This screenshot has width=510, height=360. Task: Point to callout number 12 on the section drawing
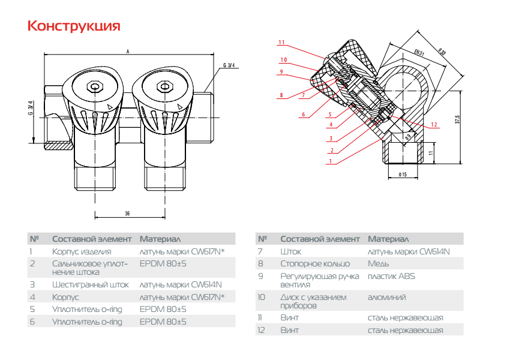pyautogui.click(x=425, y=124)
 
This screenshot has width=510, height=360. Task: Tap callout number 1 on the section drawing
pyautogui.click(x=330, y=161)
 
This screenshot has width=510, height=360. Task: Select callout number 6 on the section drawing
pyautogui.click(x=304, y=115)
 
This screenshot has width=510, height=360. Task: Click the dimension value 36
pyautogui.click(x=127, y=213)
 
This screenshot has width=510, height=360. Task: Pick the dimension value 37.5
pyautogui.click(x=457, y=119)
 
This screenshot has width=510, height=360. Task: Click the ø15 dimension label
pyautogui.click(x=403, y=175)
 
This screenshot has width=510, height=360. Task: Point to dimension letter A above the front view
pyautogui.click(x=127, y=52)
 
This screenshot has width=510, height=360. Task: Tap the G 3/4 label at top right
pyautogui.click(x=229, y=65)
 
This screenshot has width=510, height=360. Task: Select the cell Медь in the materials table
pyautogui.click(x=379, y=263)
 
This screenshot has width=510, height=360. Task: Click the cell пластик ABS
pyautogui.click(x=391, y=277)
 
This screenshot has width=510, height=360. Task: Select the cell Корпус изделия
pyautogui.click(x=82, y=251)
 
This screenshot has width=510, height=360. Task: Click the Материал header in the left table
pyautogui.click(x=160, y=239)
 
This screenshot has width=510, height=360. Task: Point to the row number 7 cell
pyautogui.click(x=260, y=251)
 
